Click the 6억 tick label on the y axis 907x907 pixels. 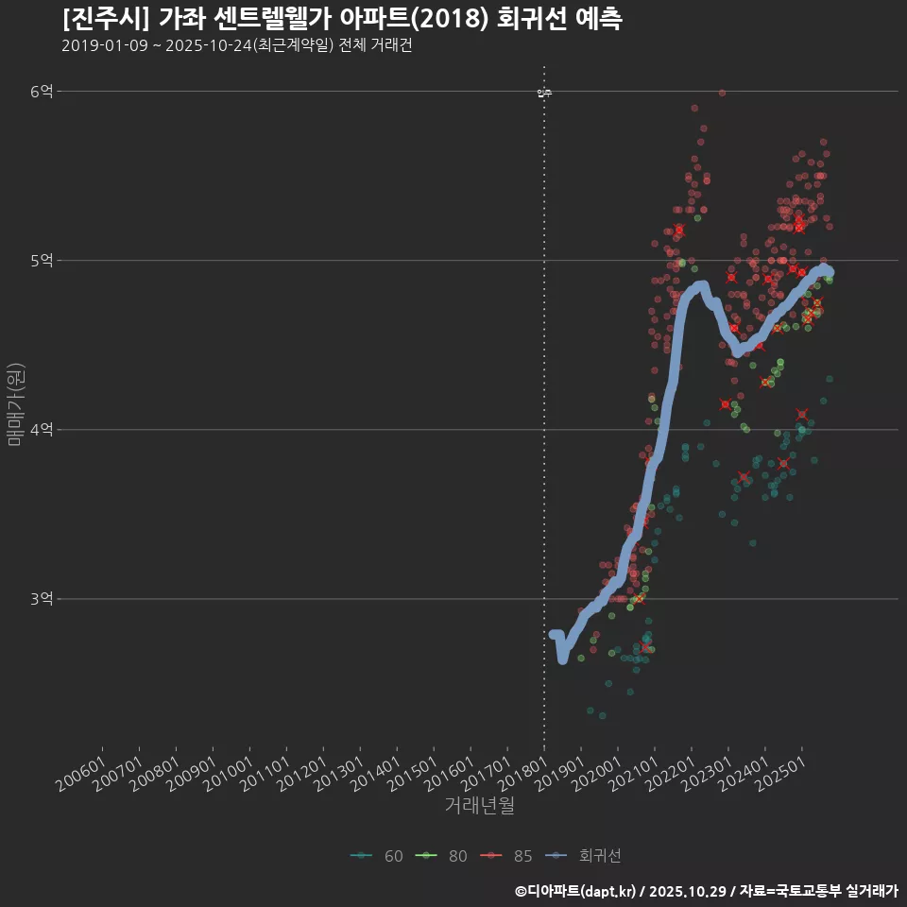click(x=42, y=92)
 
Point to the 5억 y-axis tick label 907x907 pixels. click(x=42, y=261)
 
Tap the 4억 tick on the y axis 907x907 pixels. click(x=42, y=430)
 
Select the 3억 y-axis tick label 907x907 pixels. click(x=42, y=599)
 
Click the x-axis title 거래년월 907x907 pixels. click(x=480, y=806)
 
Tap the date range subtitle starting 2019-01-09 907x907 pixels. click(x=236, y=45)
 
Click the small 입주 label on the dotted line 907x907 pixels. click(x=544, y=93)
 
